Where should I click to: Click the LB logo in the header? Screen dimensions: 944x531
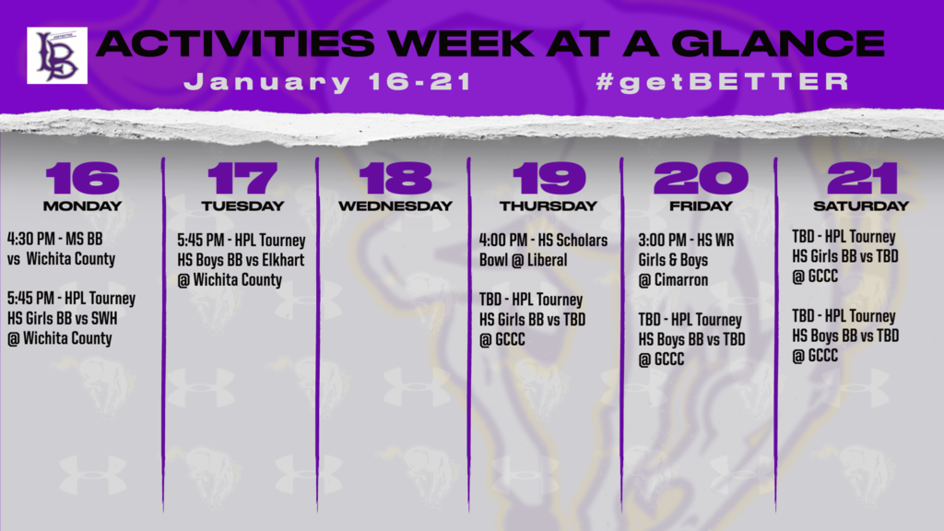57,55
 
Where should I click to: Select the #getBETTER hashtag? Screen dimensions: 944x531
723,81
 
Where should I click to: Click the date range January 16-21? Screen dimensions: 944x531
327,82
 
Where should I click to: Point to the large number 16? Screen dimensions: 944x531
82,178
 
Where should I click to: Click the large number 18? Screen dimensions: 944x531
395,178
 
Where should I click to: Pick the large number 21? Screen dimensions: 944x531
862,178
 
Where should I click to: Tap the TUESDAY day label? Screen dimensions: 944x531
242,206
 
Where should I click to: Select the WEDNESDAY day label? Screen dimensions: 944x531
395,206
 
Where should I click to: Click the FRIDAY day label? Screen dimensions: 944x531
701,206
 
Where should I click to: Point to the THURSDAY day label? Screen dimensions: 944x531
548,206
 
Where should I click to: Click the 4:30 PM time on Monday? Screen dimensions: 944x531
30,239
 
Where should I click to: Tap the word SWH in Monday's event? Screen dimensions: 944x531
104,318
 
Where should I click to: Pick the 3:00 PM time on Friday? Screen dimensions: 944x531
662,241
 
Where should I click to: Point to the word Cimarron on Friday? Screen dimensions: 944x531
681,280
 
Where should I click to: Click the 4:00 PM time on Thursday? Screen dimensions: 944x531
503,241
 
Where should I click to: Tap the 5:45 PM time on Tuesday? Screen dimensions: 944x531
200,241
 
